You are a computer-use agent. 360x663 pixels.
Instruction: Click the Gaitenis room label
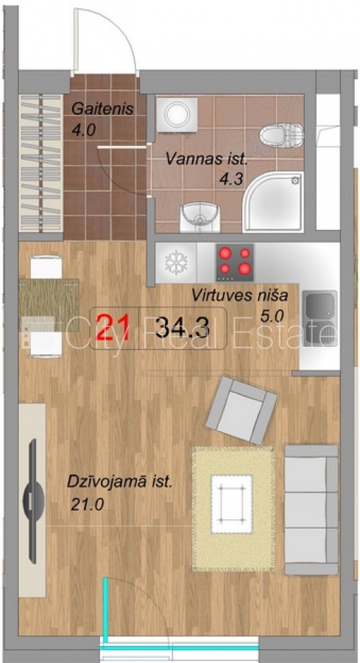tap(102, 109)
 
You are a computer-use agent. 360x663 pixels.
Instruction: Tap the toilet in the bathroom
tap(282, 135)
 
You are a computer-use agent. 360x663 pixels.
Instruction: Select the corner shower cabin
tap(273, 202)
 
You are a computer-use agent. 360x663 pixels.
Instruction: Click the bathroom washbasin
tap(200, 217)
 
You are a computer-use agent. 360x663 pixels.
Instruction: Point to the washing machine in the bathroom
tap(177, 115)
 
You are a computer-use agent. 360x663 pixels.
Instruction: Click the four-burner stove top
tap(235, 262)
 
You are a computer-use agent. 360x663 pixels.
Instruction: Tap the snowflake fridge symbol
tap(176, 262)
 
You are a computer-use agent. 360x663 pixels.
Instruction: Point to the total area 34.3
tap(182, 328)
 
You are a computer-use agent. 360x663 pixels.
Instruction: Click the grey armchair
tap(241, 410)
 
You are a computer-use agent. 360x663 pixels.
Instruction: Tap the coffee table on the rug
tap(231, 504)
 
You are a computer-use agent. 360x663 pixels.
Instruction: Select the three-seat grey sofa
tap(311, 510)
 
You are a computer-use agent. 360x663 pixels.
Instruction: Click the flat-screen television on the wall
tap(33, 501)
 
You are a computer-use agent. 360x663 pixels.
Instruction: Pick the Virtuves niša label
tap(240, 295)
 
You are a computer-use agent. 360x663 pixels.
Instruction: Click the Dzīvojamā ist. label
tap(120, 483)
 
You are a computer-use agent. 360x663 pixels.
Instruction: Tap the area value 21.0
tap(87, 505)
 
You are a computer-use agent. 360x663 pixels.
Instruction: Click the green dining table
tap(49, 298)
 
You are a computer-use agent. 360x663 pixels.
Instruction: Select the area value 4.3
tap(230, 179)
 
